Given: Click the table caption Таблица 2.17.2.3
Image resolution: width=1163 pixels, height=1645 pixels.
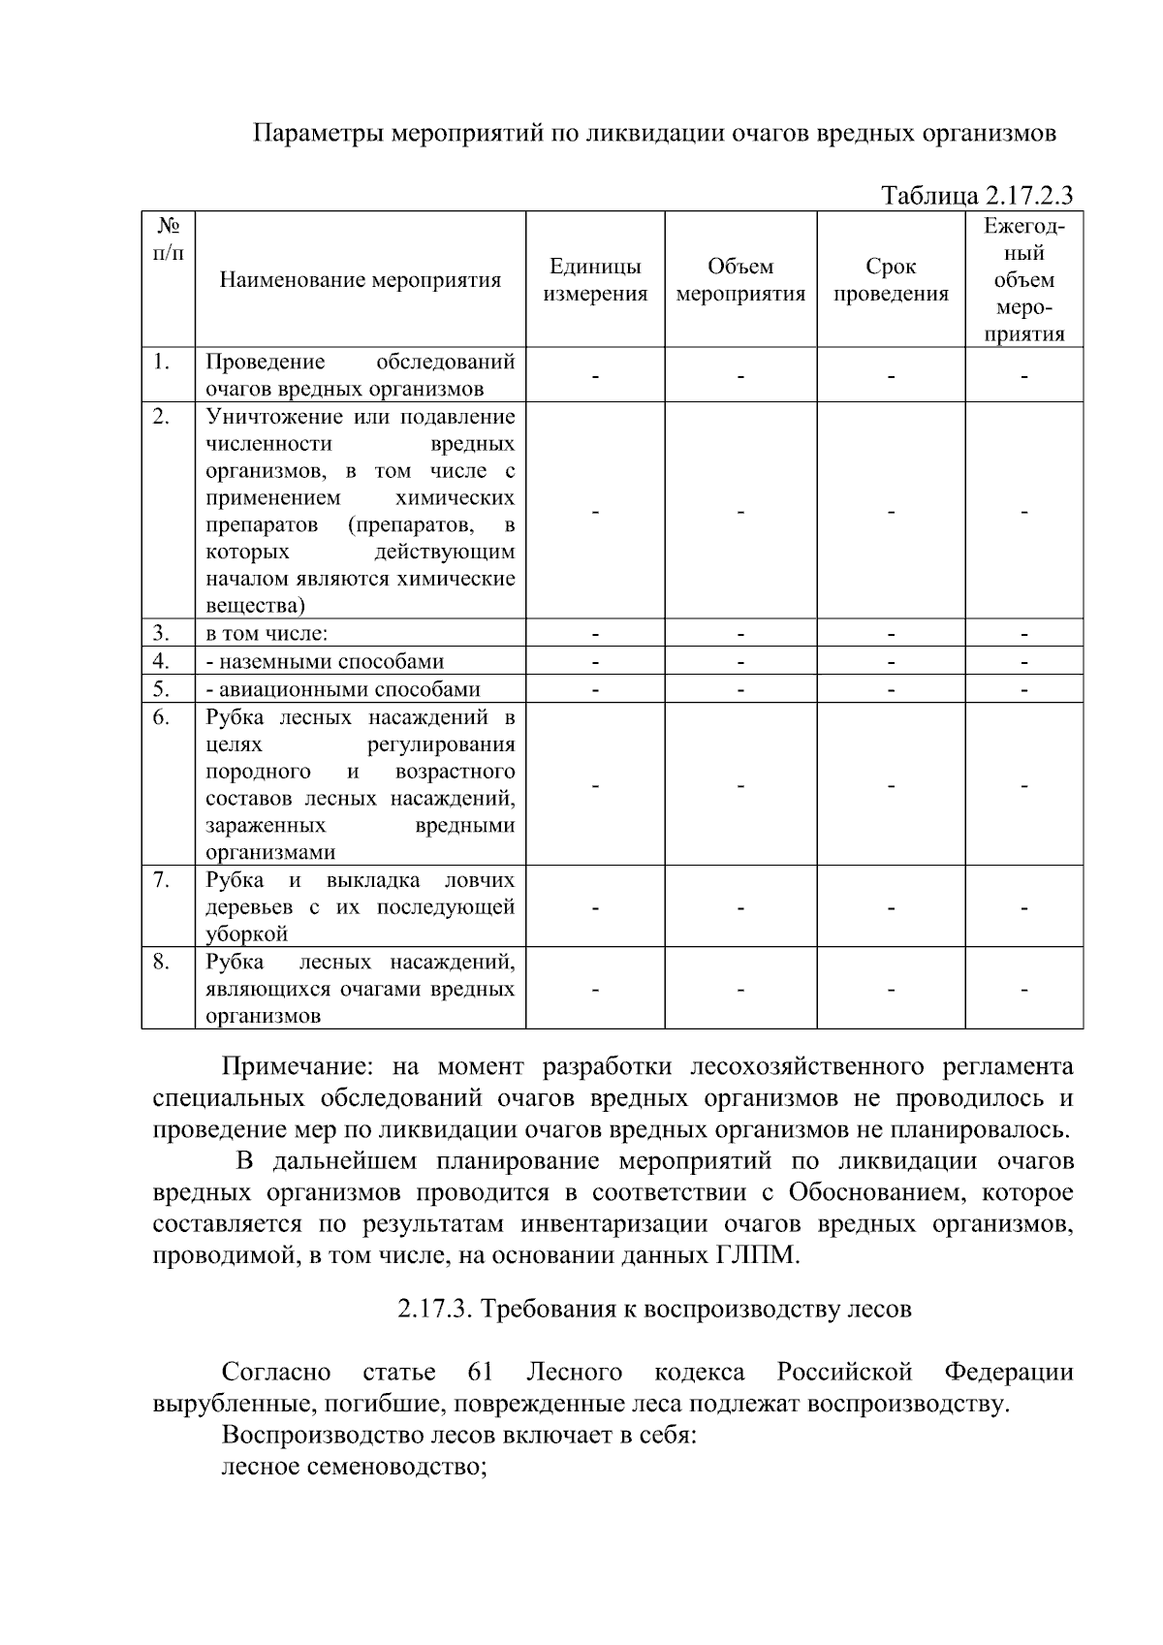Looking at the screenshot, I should point(977,196).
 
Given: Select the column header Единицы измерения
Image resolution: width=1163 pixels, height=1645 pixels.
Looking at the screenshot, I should point(595,280).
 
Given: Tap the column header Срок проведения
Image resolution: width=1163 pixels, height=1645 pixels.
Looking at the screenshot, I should point(891,280).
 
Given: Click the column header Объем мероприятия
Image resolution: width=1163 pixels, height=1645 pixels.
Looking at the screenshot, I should point(740,280).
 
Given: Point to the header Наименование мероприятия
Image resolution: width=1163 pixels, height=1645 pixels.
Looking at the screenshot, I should point(361,280).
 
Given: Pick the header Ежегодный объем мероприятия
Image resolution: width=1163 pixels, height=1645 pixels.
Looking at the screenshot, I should point(1023,280).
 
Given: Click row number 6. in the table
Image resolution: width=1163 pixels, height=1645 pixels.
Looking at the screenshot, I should point(162,717).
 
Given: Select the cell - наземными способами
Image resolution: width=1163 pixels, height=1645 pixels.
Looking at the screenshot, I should point(325,662).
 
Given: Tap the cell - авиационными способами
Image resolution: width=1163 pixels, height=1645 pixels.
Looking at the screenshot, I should point(343,690).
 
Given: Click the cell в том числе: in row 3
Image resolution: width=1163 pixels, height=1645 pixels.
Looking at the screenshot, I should point(267,634).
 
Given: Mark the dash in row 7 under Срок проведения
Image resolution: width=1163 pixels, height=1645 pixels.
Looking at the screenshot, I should point(891,908).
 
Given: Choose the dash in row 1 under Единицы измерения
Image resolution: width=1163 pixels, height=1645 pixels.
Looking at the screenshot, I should point(595,376).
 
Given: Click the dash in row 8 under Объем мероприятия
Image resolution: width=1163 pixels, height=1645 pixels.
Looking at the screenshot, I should point(740,990).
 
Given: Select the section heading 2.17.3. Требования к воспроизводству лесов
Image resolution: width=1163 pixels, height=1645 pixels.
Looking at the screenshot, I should point(654,1309).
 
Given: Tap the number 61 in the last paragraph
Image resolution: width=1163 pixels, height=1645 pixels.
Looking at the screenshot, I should point(480,1372).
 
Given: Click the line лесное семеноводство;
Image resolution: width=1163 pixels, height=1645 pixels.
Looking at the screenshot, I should point(354,1467).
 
